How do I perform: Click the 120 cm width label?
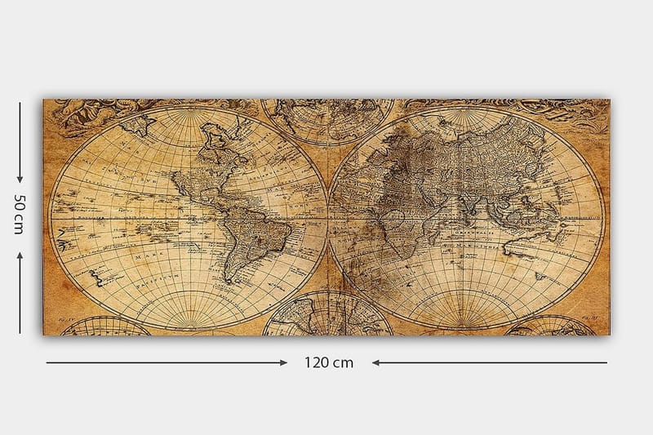point(330,362)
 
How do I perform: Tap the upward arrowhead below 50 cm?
point(20,255)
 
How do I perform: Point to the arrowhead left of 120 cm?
point(282,362)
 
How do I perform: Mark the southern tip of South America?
point(231,282)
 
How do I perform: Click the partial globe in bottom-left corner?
point(104,326)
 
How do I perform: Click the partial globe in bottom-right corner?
point(552,326)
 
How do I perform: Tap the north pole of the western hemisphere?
point(189,111)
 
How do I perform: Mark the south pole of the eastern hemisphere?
point(466,326)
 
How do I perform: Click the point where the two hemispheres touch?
point(327,219)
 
